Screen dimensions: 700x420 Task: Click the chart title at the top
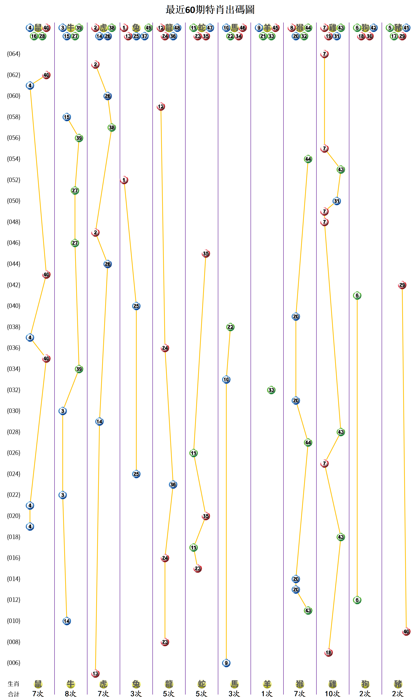click(210, 10)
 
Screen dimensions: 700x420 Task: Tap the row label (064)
click(14, 54)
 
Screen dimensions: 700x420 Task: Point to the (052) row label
click(14, 180)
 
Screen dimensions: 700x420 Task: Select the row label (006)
click(14, 662)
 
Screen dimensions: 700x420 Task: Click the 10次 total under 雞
click(332, 694)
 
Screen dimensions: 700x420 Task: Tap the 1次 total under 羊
click(267, 694)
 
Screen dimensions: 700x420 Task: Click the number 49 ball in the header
click(148, 28)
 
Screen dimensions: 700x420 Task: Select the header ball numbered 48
click(177, 28)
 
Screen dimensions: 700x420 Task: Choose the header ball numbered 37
click(145, 36)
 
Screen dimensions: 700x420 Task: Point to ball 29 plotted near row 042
click(402, 285)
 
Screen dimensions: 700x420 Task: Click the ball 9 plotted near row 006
click(226, 663)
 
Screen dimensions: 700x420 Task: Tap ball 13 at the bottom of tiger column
click(95, 673)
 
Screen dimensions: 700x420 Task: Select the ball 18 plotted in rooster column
click(328, 652)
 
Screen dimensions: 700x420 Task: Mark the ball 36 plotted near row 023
click(173, 485)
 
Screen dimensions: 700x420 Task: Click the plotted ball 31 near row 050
click(337, 201)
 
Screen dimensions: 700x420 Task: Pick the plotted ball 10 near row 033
click(226, 380)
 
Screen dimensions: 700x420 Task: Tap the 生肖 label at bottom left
click(13, 684)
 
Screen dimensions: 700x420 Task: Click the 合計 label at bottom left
click(13, 694)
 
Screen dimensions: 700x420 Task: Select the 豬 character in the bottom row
click(398, 684)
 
